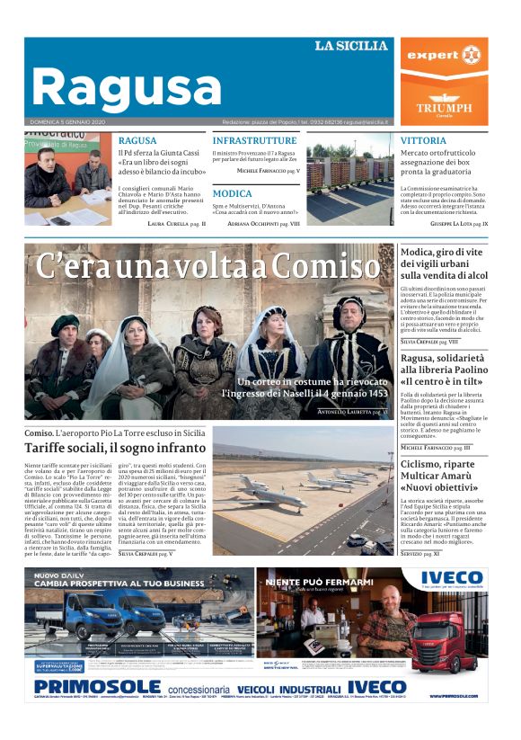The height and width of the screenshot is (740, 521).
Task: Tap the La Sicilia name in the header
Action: [x=350, y=46]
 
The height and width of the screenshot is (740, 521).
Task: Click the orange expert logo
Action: [x=444, y=56]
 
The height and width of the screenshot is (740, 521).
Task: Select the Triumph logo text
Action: [x=444, y=107]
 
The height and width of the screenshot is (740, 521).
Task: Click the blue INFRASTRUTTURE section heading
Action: [x=254, y=141]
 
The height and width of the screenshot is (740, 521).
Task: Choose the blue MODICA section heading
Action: [x=233, y=193]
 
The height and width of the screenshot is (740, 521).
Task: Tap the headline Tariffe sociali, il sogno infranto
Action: [x=116, y=448]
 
